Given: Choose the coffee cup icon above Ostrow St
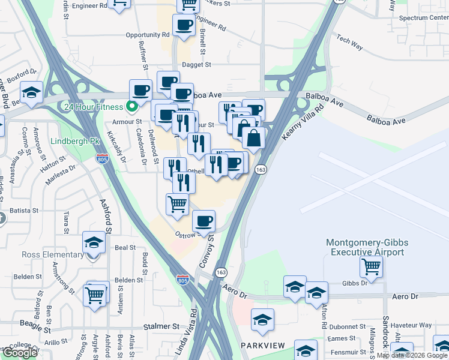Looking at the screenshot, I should click(x=204, y=221).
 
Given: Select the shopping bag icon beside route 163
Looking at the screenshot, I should click(x=255, y=137).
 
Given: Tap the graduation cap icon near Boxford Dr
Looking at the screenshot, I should click(x=31, y=92).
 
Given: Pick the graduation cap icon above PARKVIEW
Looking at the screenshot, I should click(x=262, y=320).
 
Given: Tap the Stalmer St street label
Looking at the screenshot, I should click(x=161, y=327).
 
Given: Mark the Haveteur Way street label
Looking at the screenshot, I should click(x=417, y=325).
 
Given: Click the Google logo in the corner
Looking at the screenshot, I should click(x=20, y=352).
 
